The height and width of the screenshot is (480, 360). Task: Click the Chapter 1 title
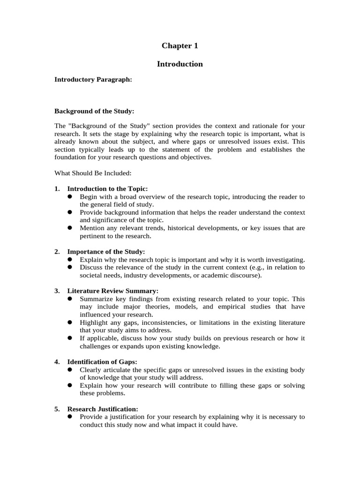pos(180,45)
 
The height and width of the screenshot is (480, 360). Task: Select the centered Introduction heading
pos(180,64)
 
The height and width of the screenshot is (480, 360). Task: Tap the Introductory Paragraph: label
pos(93,80)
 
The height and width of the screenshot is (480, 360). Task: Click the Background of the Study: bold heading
pos(94,111)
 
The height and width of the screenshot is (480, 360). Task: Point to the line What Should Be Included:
pos(90,173)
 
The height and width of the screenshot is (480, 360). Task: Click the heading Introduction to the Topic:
pos(107,188)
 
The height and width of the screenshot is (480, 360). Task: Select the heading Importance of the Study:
pos(106,252)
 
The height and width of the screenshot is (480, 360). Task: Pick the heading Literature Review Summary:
pos(113,291)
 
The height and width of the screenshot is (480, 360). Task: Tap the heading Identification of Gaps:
pos(102,362)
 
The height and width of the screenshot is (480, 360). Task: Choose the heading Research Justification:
pos(103,409)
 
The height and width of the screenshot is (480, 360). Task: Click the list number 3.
pos(57,291)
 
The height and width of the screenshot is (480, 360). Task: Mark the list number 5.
pos(57,409)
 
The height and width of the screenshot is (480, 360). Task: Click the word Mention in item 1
pos(92,228)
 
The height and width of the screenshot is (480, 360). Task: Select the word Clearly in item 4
pos(90,370)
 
